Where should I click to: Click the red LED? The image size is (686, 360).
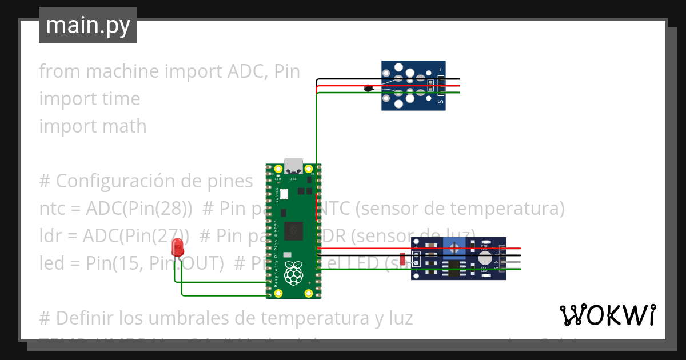177,247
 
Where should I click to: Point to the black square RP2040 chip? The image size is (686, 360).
293,230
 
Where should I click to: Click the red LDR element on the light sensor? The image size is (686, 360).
402,259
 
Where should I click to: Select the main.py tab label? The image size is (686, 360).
87,25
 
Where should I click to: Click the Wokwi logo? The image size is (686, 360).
607,315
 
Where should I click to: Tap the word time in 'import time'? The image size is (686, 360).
121,99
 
